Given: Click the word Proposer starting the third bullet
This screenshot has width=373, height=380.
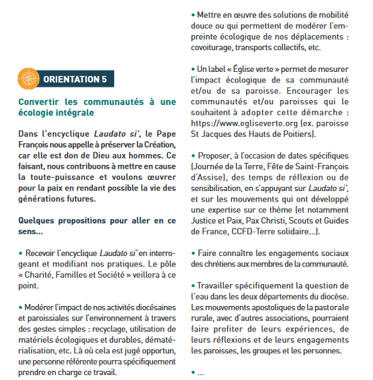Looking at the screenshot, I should [220, 154].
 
